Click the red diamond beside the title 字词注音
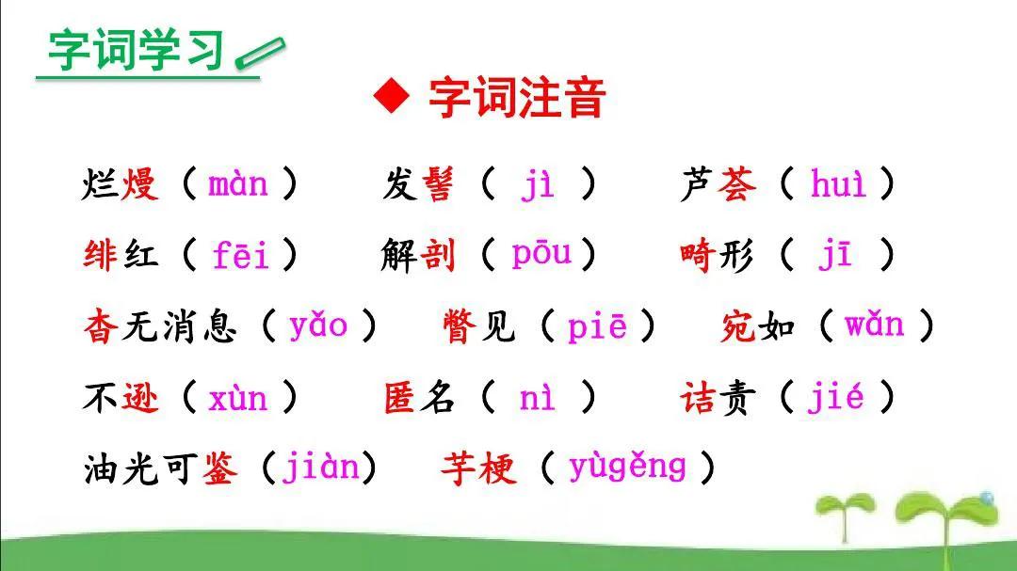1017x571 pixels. pos(392,96)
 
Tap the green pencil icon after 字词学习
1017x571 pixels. pos(260,53)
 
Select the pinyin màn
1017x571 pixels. pos(238,184)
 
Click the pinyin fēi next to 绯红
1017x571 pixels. pos(241,254)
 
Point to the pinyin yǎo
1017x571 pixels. pos(318,325)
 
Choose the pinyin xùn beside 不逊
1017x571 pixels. pos(237,397)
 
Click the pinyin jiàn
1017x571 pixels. pos(320,468)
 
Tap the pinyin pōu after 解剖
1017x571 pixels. pos(541,253)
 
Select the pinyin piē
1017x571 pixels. pos(597,325)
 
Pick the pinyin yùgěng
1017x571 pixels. pos(627,468)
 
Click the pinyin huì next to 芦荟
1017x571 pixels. pos(838,182)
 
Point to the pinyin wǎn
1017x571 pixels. pos(874,324)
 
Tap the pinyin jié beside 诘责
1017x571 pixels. pos(835,396)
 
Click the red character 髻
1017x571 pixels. pos(438,184)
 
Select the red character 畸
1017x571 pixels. pos(698,255)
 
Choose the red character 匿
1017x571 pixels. pos(399,397)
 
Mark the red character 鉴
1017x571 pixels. pos(219,468)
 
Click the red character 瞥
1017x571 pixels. pos(460,326)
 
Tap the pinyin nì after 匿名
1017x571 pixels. pos(537,398)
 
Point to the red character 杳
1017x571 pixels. pos(101,326)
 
